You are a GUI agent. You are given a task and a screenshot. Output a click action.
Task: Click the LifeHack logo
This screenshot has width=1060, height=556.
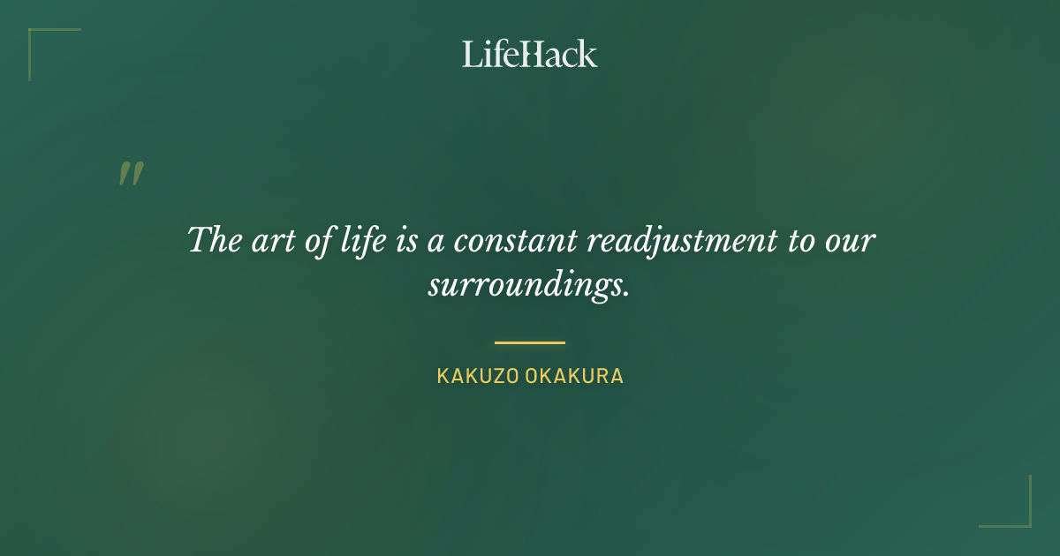pos(530,54)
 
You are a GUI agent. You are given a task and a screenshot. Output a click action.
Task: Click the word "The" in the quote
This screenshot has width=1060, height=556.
pos(210,241)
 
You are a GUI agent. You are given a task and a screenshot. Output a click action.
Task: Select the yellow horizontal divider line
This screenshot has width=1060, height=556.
pos(530,342)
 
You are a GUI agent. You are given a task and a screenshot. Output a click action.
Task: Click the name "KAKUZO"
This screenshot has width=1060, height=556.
pos(477,376)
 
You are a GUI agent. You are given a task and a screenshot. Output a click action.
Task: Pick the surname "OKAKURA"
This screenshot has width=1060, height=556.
pos(575,376)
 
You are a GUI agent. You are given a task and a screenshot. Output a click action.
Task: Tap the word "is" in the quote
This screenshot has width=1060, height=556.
pos(406,241)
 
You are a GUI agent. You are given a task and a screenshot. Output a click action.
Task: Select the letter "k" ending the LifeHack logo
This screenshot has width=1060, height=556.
pos(587,54)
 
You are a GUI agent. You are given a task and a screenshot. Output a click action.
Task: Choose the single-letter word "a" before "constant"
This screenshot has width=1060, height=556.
pos(435,243)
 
